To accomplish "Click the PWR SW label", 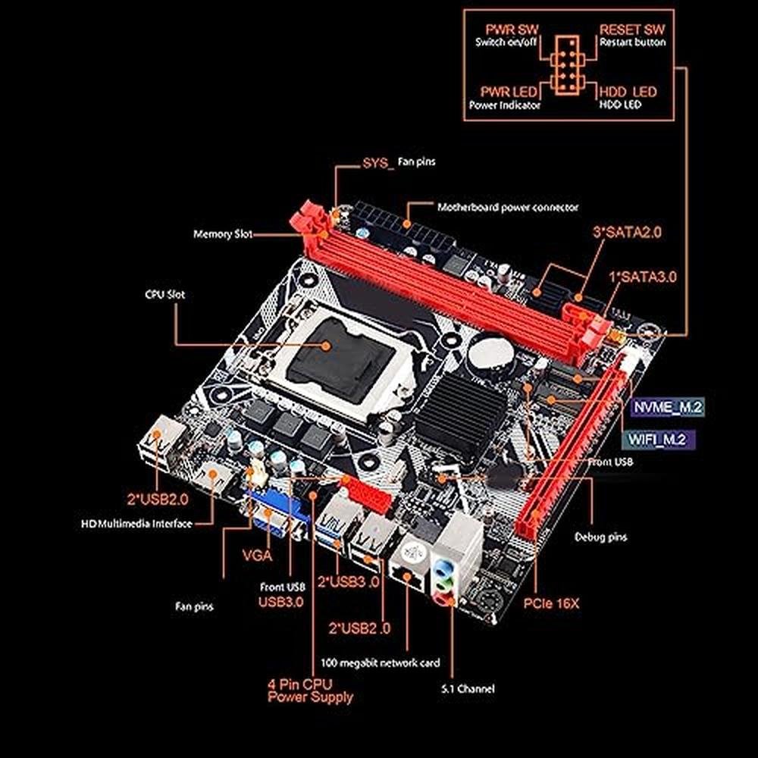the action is [512, 30].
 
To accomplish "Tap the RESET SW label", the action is [632, 30].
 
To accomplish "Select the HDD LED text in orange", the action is [628, 92].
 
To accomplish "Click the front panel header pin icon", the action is [567, 64].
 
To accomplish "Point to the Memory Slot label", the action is [223, 234].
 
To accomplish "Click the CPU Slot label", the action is [164, 294].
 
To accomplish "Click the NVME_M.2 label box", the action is [668, 407].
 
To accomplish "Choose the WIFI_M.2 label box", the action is [657, 440].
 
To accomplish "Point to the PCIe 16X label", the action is [551, 603].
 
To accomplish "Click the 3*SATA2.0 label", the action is [627, 233].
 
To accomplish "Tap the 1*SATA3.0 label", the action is [643, 277].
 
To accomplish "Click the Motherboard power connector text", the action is [508, 208].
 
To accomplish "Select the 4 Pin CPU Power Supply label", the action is [310, 691].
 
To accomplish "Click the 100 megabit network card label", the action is [381, 662].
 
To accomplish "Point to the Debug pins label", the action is [600, 537].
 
